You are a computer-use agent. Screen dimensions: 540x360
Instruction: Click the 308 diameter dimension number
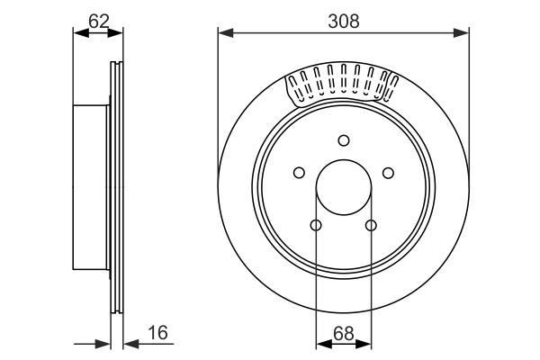(x=344, y=22)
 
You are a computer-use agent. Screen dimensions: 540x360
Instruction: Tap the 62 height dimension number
(x=99, y=22)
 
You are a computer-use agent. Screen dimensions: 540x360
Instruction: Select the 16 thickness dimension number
(x=157, y=332)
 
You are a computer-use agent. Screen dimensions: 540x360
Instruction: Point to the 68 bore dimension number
(x=344, y=334)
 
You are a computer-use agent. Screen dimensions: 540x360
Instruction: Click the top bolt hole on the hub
(x=344, y=140)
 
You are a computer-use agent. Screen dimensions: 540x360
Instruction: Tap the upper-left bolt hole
(x=299, y=173)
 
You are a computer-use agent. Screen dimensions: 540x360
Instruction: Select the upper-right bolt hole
(x=388, y=173)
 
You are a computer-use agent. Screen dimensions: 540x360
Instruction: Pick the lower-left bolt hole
(x=316, y=225)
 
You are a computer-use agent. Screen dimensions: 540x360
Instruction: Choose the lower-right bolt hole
(x=371, y=226)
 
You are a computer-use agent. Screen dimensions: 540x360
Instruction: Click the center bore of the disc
(x=344, y=187)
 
